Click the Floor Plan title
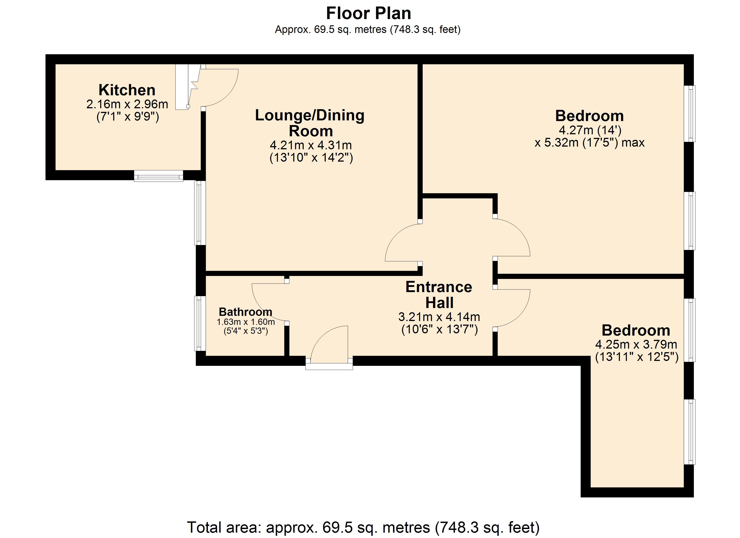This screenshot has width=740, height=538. tap(368, 14)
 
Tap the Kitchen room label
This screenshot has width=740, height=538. tap(127, 90)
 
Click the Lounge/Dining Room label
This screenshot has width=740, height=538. tap(310, 123)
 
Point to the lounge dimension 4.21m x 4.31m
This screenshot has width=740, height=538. tap(311, 145)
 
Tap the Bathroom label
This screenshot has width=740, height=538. tap(245, 312)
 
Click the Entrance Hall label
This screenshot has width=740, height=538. tap(439, 295)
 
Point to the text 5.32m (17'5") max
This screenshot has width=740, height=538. tap(590, 143)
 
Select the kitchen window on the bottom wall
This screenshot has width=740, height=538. tap(159, 176)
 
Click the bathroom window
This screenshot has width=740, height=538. tap(200, 323)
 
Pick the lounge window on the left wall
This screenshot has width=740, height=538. tap(200, 213)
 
